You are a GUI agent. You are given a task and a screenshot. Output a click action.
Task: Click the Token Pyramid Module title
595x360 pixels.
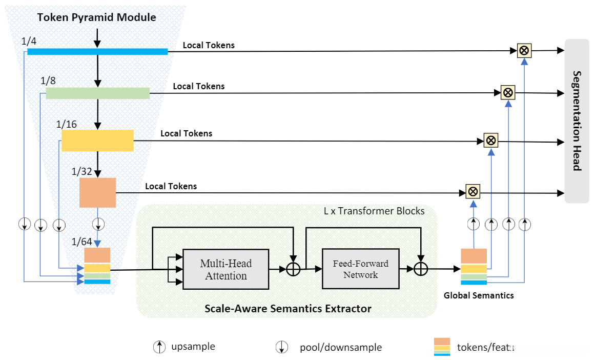[x=96, y=17]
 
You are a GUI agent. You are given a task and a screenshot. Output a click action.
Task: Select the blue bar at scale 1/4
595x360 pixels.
[x=97, y=51]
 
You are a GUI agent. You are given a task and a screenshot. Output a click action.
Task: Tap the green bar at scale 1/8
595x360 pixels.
[x=97, y=93]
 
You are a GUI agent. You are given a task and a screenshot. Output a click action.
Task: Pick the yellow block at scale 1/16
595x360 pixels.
[x=97, y=140]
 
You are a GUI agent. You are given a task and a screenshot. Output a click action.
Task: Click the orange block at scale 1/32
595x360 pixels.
[x=97, y=192]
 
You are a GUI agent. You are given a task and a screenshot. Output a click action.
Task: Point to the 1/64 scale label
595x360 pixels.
[x=81, y=242]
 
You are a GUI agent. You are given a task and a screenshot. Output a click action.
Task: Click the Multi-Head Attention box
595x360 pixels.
[x=226, y=270]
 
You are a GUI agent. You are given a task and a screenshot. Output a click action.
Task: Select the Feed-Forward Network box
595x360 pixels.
[x=360, y=269]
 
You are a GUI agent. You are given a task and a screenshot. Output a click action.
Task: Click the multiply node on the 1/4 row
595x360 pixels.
[x=524, y=50]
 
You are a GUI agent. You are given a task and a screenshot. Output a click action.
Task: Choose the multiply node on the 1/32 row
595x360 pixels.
[x=473, y=192]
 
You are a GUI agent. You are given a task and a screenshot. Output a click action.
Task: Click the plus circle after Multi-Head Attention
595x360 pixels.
[x=293, y=269]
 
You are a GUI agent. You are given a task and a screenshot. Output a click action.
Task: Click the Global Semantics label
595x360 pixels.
[x=479, y=295]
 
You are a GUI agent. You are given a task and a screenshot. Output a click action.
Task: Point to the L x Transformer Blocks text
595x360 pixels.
[x=374, y=211]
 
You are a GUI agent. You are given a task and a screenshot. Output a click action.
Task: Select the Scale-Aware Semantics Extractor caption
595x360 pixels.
[x=288, y=309]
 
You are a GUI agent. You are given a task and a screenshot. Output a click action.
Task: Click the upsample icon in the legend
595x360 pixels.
[x=160, y=347]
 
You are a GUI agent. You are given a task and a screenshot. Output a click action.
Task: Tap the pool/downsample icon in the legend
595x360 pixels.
[x=281, y=347]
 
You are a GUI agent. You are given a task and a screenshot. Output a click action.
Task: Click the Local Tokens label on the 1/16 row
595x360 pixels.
[x=186, y=133]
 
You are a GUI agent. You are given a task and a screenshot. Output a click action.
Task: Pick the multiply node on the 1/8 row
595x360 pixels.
[x=507, y=92]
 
